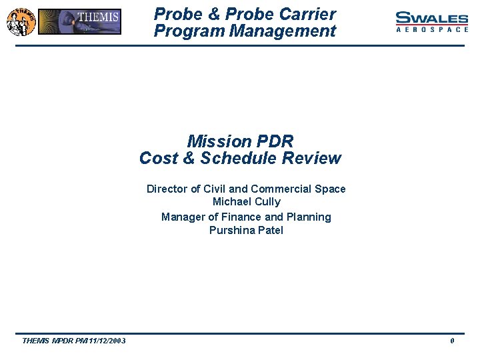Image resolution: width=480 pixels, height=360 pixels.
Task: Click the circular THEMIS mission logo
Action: click(x=20, y=21)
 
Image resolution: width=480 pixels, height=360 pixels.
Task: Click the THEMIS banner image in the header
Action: click(x=80, y=21)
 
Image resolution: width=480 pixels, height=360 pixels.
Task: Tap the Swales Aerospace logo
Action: click(x=431, y=22)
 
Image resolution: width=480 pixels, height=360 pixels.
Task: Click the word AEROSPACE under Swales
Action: click(x=431, y=30)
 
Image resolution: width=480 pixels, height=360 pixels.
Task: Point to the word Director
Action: click(x=167, y=189)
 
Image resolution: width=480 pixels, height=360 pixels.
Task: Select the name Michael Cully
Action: click(x=246, y=202)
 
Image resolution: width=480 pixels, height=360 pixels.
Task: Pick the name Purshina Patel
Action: click(x=246, y=231)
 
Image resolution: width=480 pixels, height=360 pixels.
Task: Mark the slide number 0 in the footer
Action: click(x=453, y=341)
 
